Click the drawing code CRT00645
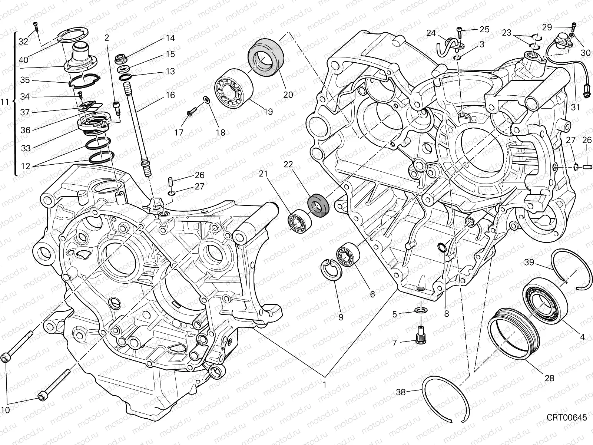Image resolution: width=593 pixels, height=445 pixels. [567, 418]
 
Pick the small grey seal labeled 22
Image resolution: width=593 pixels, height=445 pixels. [318, 204]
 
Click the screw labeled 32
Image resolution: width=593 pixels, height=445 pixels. [36, 27]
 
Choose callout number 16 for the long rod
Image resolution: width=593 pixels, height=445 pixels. [170, 95]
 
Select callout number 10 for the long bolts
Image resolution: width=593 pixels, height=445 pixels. [5, 410]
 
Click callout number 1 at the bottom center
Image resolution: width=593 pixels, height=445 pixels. [325, 385]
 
